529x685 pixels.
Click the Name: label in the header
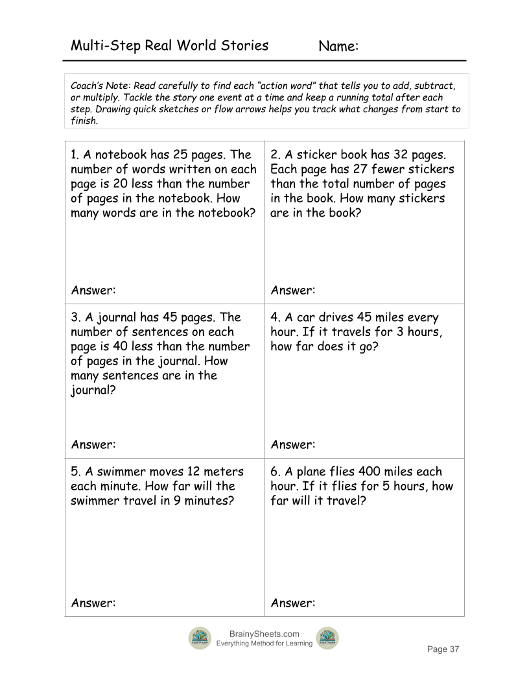pyautogui.click(x=339, y=46)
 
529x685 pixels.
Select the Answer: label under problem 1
pyautogui.click(x=93, y=290)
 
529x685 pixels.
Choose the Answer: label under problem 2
pyautogui.click(x=293, y=290)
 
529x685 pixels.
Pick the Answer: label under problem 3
pyautogui.click(x=93, y=444)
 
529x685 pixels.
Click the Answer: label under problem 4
pyautogui.click(x=293, y=444)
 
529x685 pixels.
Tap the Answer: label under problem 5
pyautogui.click(x=93, y=603)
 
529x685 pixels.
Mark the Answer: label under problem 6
pyautogui.click(x=293, y=603)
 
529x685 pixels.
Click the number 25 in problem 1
pyautogui.click(x=179, y=155)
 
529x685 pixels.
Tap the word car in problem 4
pyautogui.click(x=305, y=317)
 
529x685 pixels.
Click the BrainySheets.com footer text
pyautogui.click(x=264, y=634)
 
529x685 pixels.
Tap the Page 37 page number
pyautogui.click(x=442, y=649)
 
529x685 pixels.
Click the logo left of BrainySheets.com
pyautogui.click(x=200, y=638)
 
